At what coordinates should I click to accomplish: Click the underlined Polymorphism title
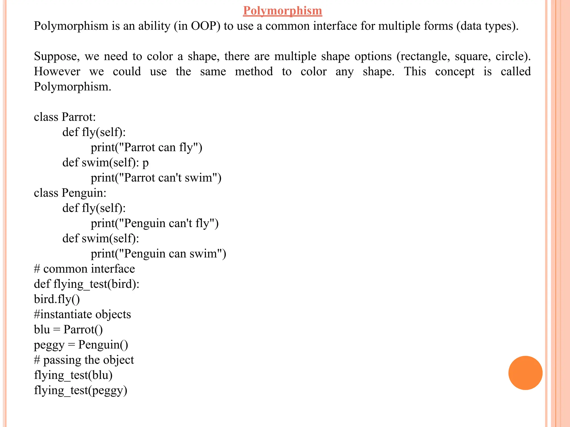(x=282, y=11)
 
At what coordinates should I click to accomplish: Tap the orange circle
(x=525, y=373)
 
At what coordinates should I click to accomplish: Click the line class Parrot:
(x=65, y=117)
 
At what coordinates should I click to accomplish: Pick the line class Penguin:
(x=70, y=193)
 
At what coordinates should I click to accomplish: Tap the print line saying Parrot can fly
(x=146, y=147)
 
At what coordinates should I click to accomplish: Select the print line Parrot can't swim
(x=156, y=178)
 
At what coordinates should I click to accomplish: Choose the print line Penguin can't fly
(x=154, y=223)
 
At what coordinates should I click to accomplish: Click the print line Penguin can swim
(x=158, y=254)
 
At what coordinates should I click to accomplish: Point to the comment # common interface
(x=84, y=269)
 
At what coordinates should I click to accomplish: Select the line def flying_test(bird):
(x=87, y=284)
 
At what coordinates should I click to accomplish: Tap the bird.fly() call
(x=57, y=299)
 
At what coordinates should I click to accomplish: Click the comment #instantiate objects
(x=82, y=314)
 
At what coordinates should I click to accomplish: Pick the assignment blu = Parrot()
(x=68, y=329)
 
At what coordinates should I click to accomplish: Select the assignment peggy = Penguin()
(x=81, y=345)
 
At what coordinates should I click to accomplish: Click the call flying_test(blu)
(x=73, y=375)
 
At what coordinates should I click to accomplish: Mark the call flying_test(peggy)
(x=80, y=390)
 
